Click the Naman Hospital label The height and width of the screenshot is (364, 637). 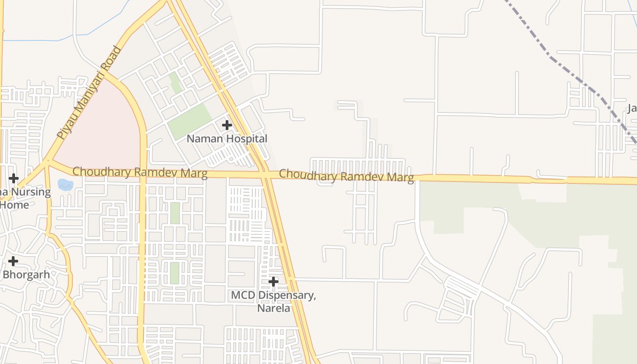pos(227,138)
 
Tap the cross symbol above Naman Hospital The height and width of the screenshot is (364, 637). pos(227,125)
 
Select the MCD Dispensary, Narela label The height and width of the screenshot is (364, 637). pos(273,301)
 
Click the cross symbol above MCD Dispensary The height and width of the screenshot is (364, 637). pos(273,282)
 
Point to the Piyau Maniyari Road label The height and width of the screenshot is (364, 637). pos(90,92)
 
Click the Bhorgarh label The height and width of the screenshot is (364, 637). pos(26,274)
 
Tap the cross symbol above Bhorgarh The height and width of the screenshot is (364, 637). pos(13,261)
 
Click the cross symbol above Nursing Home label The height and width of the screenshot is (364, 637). pos(14,178)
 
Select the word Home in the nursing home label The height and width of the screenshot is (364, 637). pos(15,205)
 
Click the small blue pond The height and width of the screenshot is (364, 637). pos(66,185)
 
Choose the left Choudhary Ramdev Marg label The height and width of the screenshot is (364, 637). pos(140,172)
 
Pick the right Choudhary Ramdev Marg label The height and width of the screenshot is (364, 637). pos(346,176)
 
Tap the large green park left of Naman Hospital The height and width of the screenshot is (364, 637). pos(189,121)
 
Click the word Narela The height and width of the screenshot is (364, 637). pos(273,308)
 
